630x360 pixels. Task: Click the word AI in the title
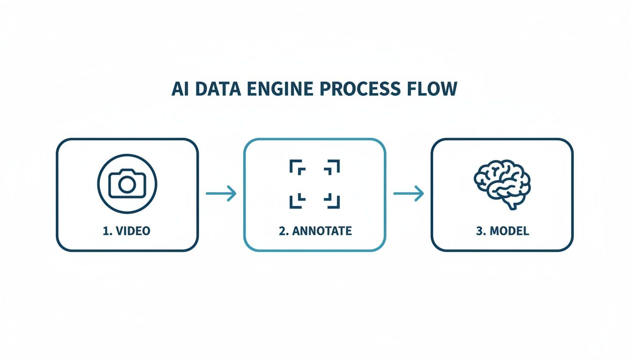[180, 89]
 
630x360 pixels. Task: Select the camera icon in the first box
[127, 184]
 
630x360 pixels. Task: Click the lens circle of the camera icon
[127, 185]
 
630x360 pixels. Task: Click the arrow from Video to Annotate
[221, 193]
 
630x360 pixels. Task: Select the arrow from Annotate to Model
[408, 193]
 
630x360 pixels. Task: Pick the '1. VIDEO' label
[127, 231]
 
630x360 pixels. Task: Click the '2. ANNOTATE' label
[315, 231]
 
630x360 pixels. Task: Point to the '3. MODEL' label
[502, 231]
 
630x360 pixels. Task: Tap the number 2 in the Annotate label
[281, 231]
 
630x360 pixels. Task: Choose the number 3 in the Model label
[479, 231]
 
